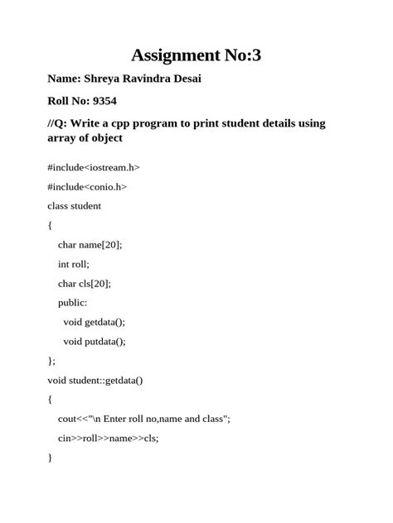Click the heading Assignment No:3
(196, 55)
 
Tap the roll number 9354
(104, 102)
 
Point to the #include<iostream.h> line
(94, 167)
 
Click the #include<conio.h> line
(87, 186)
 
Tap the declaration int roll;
(73, 264)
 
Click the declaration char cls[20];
(84, 283)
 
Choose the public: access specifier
(73, 303)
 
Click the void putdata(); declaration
(95, 341)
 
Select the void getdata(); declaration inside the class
(95, 322)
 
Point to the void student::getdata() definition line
(95, 380)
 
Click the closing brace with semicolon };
(52, 361)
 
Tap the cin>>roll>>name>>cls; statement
(108, 438)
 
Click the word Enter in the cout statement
(116, 419)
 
